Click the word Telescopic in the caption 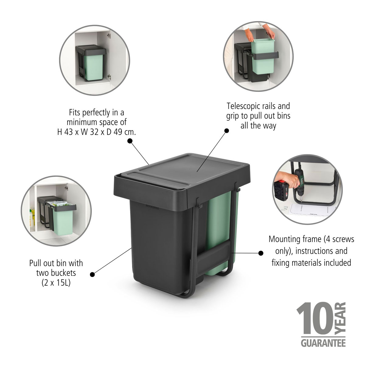(x=242, y=106)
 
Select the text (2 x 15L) (x=56, y=283)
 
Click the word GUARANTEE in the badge (x=323, y=344)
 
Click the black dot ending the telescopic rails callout (x=226, y=131)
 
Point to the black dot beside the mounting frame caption (x=261, y=253)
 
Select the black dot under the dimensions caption (x=130, y=141)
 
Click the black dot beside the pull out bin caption (x=92, y=274)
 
